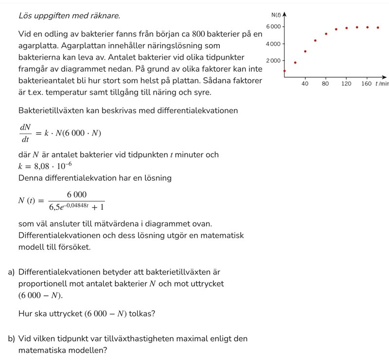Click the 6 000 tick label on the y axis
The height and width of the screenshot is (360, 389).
tap(273, 26)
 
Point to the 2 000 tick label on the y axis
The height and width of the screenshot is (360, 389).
tap(273, 61)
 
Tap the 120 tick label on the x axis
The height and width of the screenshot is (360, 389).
tap(346, 84)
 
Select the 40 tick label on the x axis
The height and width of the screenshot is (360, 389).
tap(305, 84)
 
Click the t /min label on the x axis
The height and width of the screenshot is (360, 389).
tap(382, 84)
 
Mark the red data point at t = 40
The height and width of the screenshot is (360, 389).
tap(305, 51)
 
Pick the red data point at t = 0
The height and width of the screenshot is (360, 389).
tap(284, 71)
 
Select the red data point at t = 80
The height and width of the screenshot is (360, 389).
tap(326, 34)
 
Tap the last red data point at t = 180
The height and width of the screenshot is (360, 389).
tap(378, 28)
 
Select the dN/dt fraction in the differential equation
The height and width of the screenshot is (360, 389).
tap(25, 133)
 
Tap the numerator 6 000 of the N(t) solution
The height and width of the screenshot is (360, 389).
tap(77, 194)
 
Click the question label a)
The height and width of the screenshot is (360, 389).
tap(11, 272)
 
